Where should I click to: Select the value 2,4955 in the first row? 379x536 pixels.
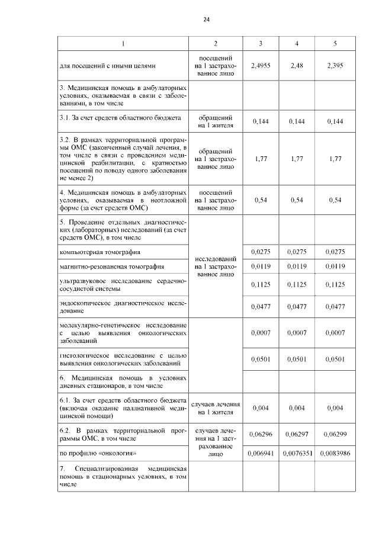261,66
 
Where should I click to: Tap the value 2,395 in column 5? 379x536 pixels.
335,66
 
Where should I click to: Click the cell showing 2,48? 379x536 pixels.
297,66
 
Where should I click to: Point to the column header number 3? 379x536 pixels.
261,44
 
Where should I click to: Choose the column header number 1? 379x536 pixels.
123,44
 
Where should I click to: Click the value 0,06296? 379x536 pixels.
261,434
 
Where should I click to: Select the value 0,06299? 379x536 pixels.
335,434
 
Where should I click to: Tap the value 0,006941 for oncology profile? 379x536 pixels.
261,454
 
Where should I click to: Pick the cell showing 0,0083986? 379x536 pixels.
335,454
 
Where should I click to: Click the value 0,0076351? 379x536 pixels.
297,454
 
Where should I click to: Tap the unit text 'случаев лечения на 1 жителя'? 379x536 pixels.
216,408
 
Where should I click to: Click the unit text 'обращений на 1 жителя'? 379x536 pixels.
216,121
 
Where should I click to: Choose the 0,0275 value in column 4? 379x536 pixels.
297,252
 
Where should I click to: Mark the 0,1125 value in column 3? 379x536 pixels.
261,284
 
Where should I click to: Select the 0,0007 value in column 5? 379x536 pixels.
335,333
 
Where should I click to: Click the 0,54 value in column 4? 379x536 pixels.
297,200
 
